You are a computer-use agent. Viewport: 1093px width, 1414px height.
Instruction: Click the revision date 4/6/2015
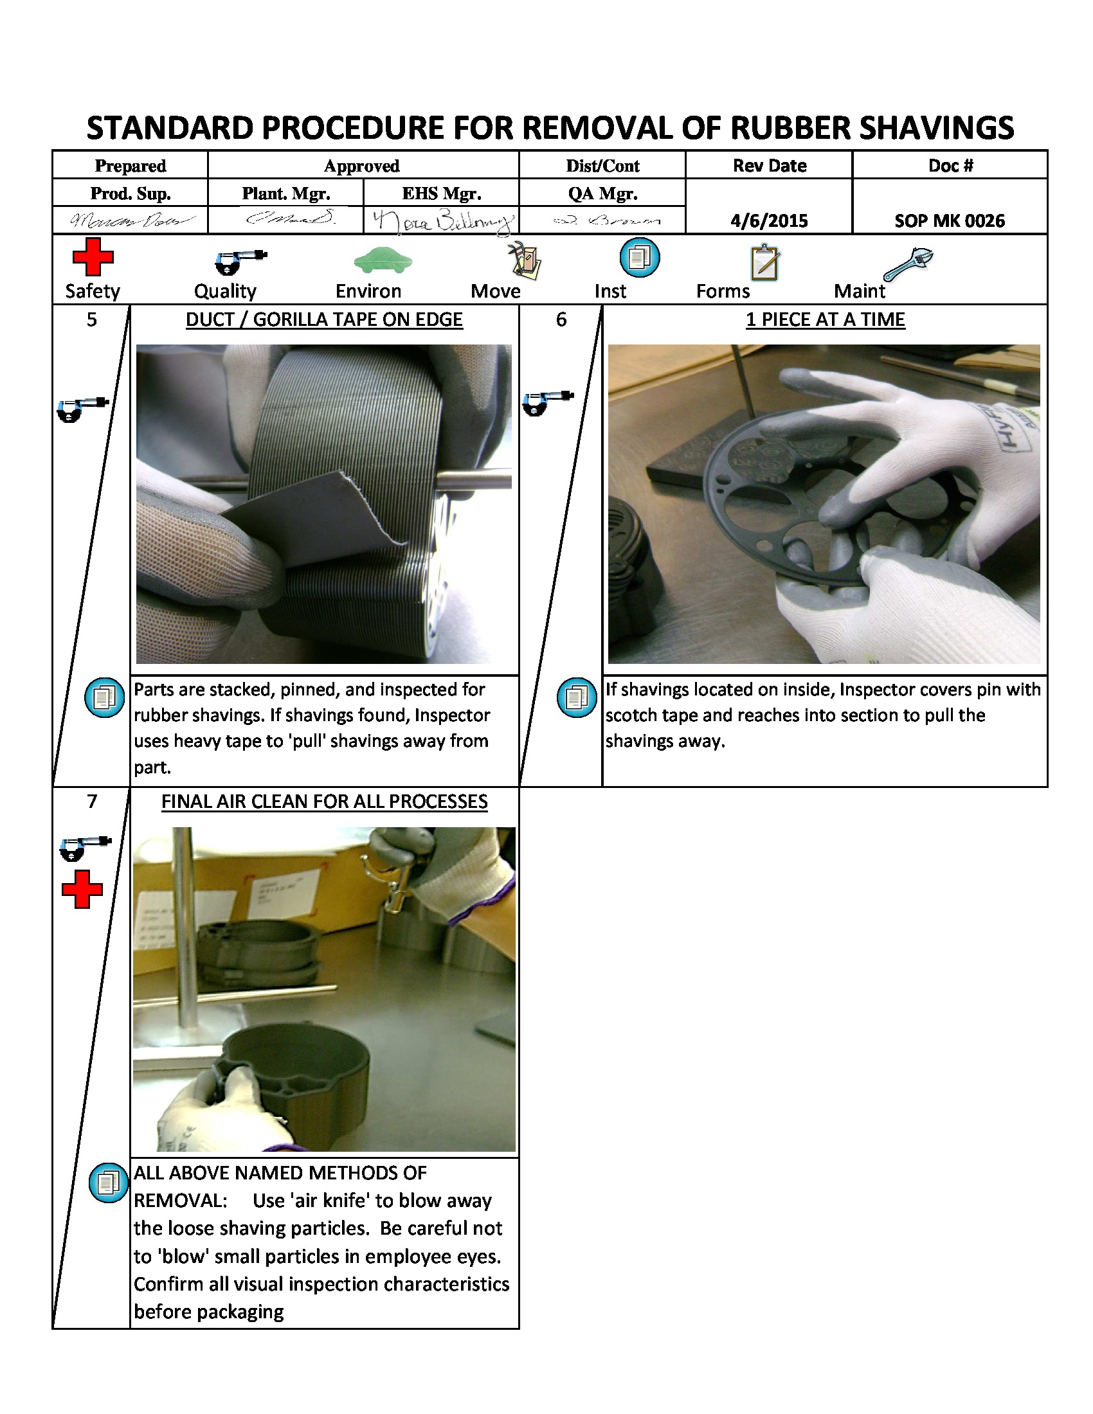(768, 220)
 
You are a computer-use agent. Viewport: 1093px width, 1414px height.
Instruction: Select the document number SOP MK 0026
(949, 220)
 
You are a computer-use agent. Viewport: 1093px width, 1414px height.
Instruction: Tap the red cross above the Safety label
(93, 257)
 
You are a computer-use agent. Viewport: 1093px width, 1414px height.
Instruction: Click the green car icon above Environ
(383, 260)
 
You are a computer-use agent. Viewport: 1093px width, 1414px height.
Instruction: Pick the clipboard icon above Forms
(764, 262)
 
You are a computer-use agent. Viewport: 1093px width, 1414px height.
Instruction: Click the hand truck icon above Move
(525, 261)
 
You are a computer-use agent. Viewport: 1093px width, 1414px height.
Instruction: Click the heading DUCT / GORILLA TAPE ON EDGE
(324, 320)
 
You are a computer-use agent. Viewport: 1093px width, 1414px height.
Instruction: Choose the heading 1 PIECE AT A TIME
(825, 320)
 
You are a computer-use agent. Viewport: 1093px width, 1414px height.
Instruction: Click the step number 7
(92, 801)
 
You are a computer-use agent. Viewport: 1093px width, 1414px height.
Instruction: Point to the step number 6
(561, 320)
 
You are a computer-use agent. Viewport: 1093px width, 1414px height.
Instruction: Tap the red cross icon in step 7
(82, 889)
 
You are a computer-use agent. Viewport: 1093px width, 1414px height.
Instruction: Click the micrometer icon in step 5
(82, 409)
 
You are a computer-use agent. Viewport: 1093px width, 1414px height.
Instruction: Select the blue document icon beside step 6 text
(576, 697)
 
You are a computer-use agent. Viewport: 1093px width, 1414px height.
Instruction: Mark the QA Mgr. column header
(602, 193)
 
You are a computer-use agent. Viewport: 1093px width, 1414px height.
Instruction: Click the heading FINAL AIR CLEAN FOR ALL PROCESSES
(324, 801)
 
